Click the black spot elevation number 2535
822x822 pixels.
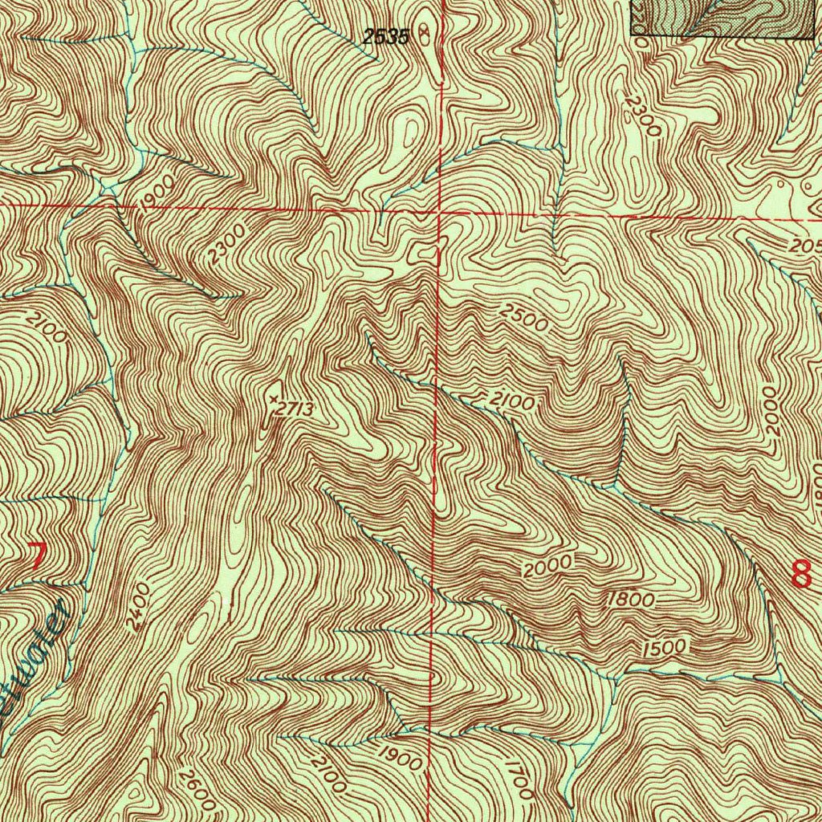pyautogui.click(x=386, y=35)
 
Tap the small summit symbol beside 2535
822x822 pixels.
pyautogui.click(x=425, y=34)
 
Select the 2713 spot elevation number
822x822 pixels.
pyautogui.click(x=292, y=409)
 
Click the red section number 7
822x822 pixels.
pyautogui.click(x=36, y=555)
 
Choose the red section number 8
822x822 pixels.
pyautogui.click(x=800, y=574)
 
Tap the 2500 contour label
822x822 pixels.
pyautogui.click(x=523, y=319)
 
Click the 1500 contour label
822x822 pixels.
pyautogui.click(x=664, y=646)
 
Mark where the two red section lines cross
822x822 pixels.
pyautogui.click(x=437, y=212)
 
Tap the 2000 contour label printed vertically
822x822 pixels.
pyautogui.click(x=771, y=411)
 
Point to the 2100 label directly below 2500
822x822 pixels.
pyautogui.click(x=510, y=400)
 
